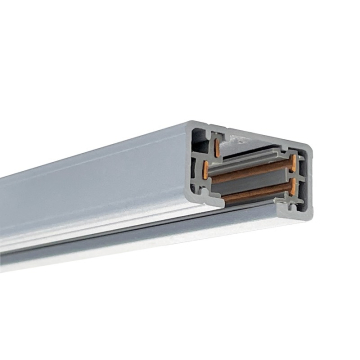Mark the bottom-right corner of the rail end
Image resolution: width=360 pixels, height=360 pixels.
click(x=303, y=213)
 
